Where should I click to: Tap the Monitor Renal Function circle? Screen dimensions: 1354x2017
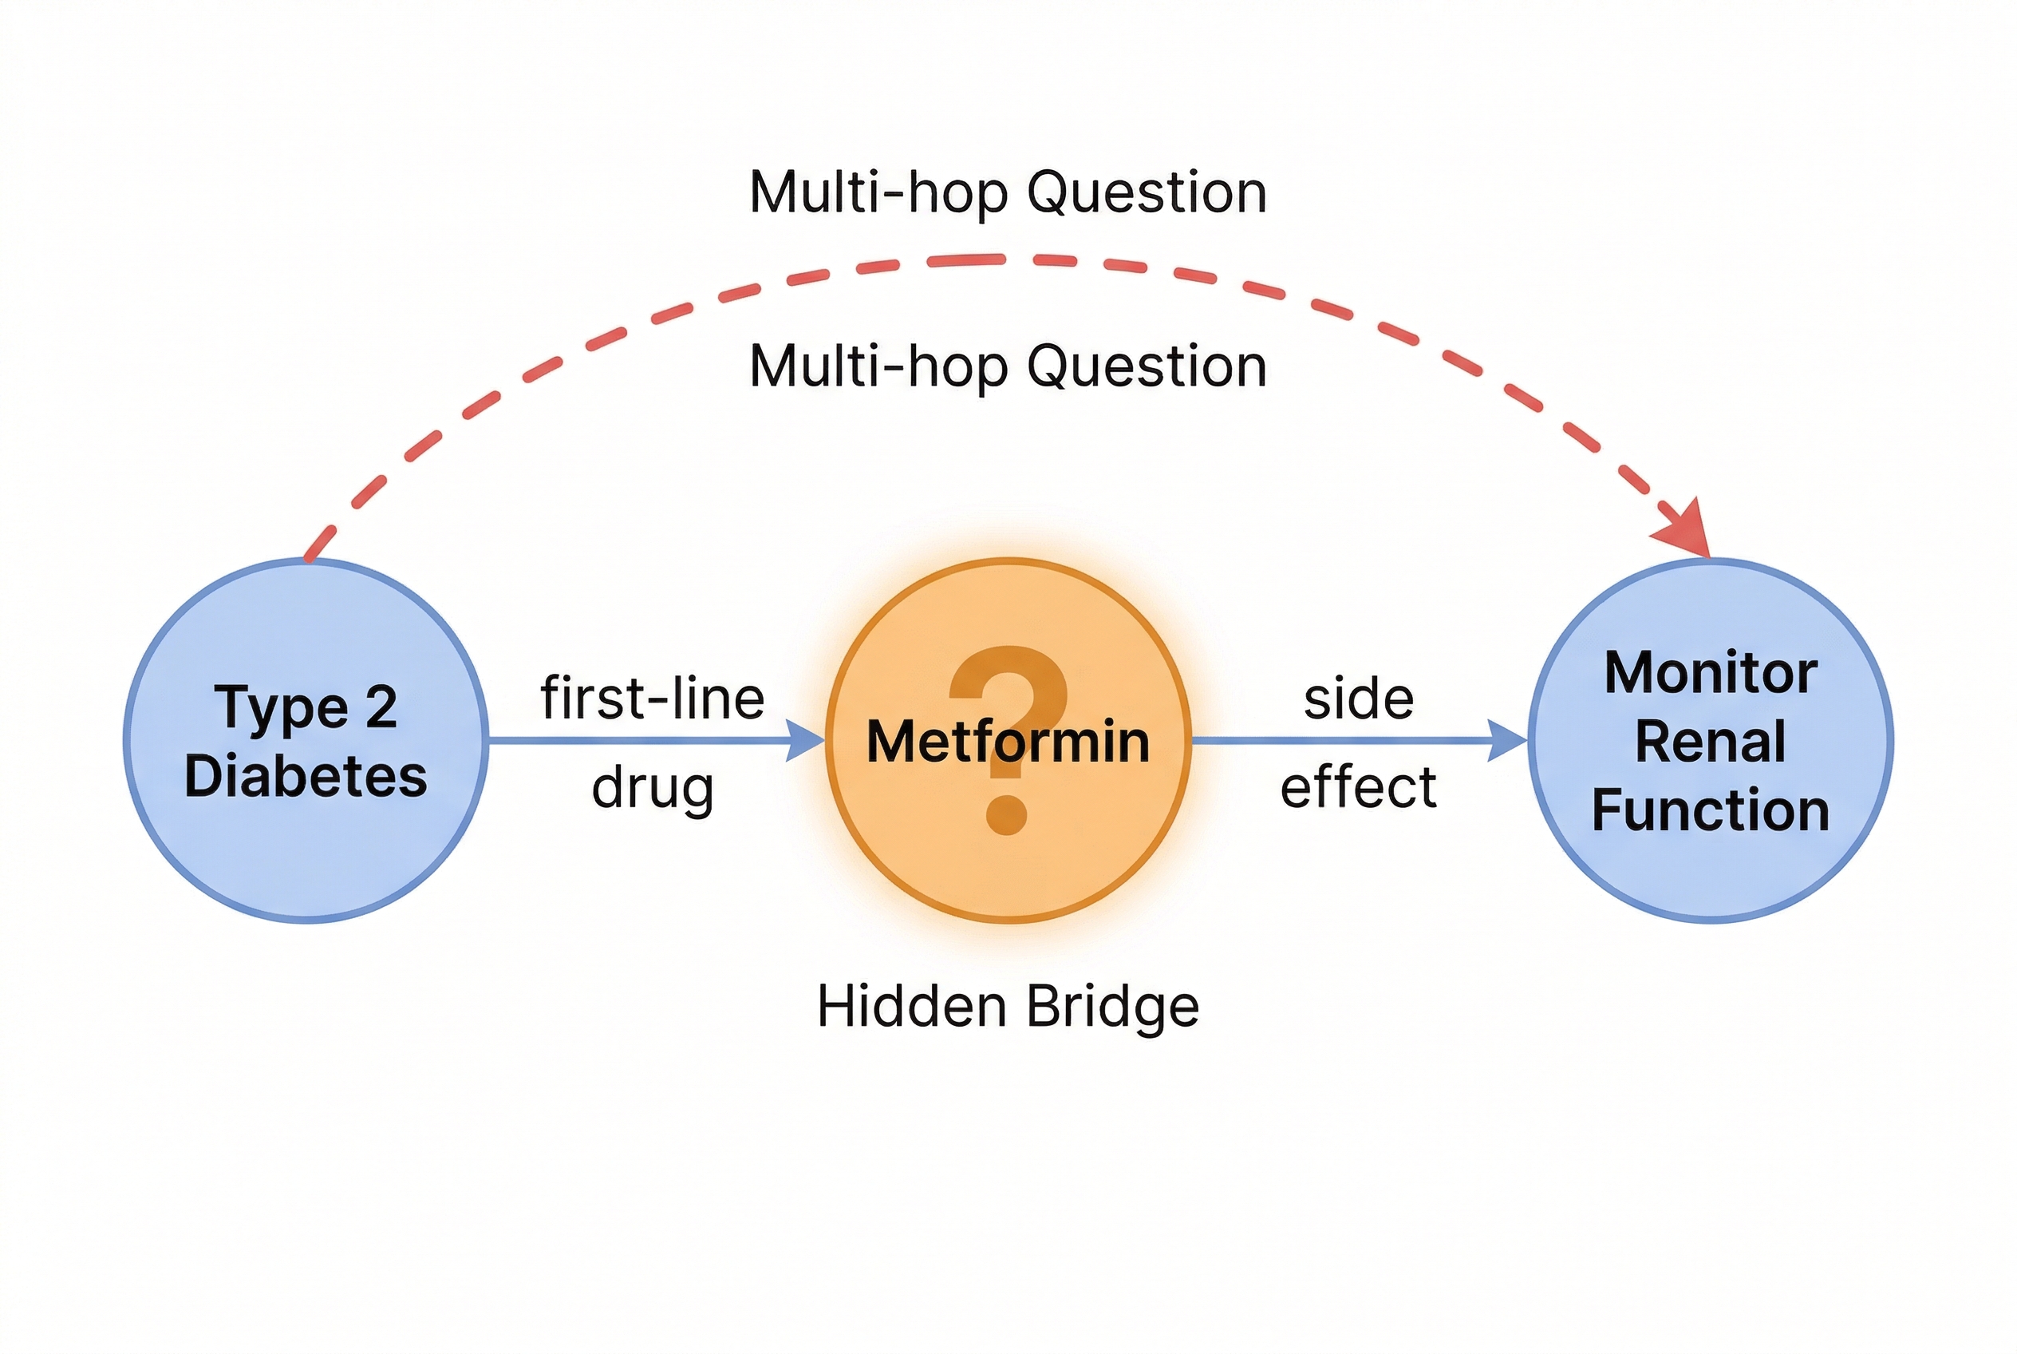1711,872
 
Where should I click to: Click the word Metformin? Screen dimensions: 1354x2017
1008,741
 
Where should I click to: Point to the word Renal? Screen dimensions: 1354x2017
1711,741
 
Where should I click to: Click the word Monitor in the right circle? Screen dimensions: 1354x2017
1711,672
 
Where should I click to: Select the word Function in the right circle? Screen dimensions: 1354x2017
1711,810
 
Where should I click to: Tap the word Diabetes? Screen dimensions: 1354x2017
306,775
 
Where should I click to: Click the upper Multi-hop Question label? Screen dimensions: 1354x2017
1008,192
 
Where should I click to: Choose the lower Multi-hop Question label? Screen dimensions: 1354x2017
1008,366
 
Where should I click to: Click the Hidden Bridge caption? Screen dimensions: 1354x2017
1008,1006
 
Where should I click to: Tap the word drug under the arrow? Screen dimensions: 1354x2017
653,787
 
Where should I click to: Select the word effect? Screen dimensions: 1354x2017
1359,787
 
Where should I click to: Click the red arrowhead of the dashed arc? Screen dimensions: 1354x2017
1687,529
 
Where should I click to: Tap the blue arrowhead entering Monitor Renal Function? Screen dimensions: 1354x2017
1508,741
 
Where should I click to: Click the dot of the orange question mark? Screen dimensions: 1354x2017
1006,814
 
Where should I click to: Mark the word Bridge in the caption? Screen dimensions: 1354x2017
1113,1006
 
